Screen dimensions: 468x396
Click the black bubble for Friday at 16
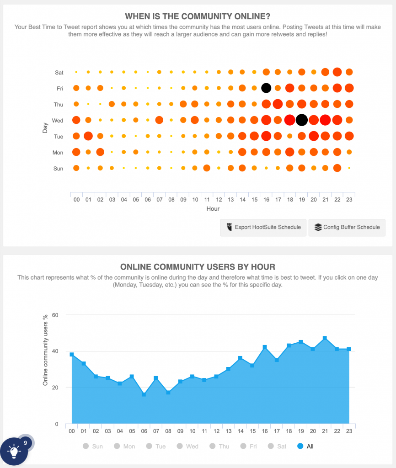[266, 88]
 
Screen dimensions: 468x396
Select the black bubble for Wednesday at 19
[301, 120]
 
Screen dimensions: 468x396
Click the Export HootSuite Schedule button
[263, 227]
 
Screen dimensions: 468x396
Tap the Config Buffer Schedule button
[347, 227]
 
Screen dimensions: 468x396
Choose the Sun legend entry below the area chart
[93, 446]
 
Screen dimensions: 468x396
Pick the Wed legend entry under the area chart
[187, 446]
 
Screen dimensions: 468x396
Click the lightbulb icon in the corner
[14, 452]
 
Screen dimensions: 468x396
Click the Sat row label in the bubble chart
[59, 72]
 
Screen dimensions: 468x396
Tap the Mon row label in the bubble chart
[59, 152]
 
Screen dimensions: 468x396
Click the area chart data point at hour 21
[325, 338]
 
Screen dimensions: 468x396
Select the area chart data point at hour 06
[144, 394]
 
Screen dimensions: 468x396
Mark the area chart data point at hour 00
[72, 354]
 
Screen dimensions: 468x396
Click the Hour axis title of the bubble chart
[213, 209]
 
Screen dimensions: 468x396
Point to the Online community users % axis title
[45, 350]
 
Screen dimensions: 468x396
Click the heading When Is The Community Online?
[198, 16]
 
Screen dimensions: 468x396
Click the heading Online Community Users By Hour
[198, 267]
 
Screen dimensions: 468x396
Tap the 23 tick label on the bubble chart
[349, 199]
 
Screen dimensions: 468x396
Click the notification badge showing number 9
[26, 442]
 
